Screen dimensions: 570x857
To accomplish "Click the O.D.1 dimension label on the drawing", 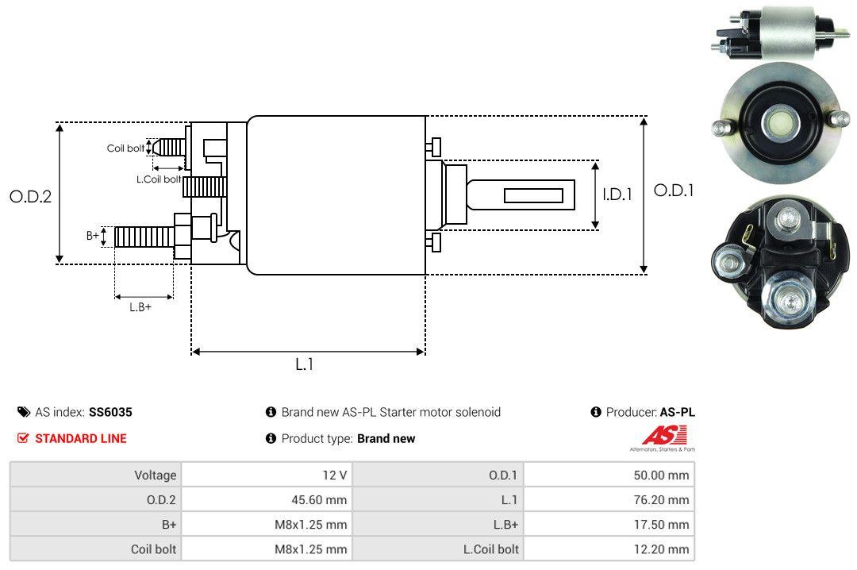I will pos(673,191).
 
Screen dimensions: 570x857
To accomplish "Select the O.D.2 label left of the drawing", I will pos(30,197).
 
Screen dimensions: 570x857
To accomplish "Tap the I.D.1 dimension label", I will pos(617,194).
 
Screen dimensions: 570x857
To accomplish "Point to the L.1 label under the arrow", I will pos(305,364).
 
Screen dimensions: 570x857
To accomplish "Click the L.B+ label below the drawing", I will pos(140,306).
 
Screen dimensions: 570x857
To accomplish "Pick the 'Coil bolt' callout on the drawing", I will pos(125,148).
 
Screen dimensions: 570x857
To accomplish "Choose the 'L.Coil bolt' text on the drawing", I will pos(159,179).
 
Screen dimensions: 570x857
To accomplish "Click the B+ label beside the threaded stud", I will pos(93,235).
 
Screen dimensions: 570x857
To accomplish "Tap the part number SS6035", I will pos(110,412).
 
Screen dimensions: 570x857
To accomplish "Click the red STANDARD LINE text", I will pos(80,438).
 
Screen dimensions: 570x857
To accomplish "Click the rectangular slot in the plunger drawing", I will pos(533,195).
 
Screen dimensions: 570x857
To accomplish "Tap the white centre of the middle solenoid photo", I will pos(778,122).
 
